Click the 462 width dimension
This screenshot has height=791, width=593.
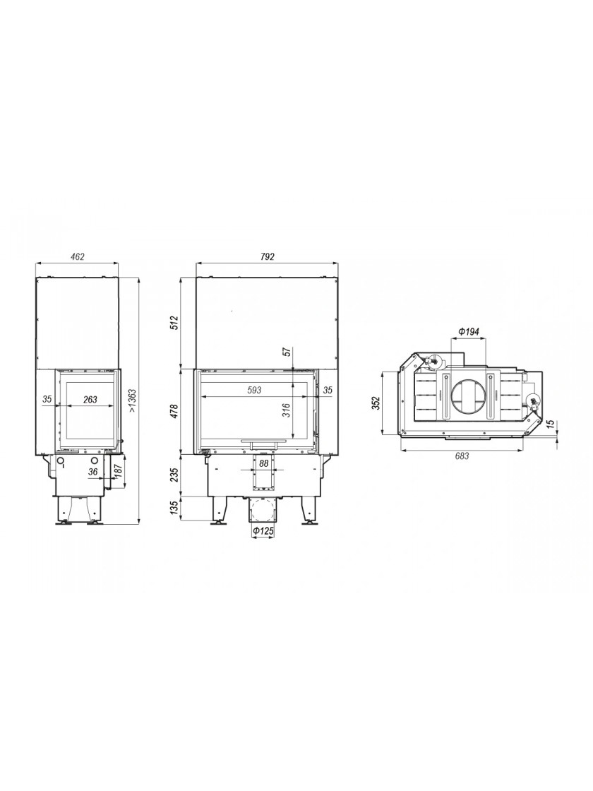pos(77,256)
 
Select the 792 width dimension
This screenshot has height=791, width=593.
pos(268,256)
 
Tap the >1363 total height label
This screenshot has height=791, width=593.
pos(133,402)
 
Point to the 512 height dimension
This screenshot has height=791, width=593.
pos(174,323)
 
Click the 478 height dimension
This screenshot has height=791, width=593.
pos(174,412)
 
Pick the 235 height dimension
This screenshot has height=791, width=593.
pos(174,476)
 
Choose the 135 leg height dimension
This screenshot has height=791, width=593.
pos(174,508)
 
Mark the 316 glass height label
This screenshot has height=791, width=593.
pos(286,410)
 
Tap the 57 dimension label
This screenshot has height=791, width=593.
pos(286,352)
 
